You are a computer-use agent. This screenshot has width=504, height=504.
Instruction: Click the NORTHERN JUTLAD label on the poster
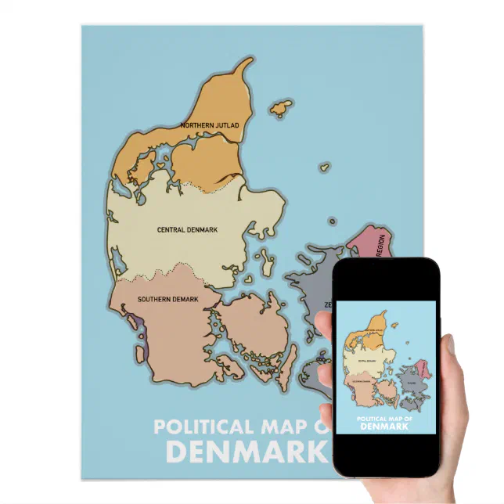(210, 125)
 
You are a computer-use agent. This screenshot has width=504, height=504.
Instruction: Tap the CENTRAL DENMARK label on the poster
(187, 230)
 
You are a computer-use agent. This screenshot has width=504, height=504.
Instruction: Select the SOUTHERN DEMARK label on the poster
(167, 300)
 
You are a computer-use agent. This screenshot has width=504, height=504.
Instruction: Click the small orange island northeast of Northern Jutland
(280, 108)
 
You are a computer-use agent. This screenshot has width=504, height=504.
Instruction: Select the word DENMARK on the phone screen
(383, 427)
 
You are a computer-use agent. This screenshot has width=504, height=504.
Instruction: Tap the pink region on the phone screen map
(423, 368)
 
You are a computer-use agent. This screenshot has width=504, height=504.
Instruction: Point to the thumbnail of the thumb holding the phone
(448, 345)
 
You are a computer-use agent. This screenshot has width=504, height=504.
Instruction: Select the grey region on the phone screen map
(409, 382)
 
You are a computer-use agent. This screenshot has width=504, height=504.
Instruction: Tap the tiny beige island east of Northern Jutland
(323, 167)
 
